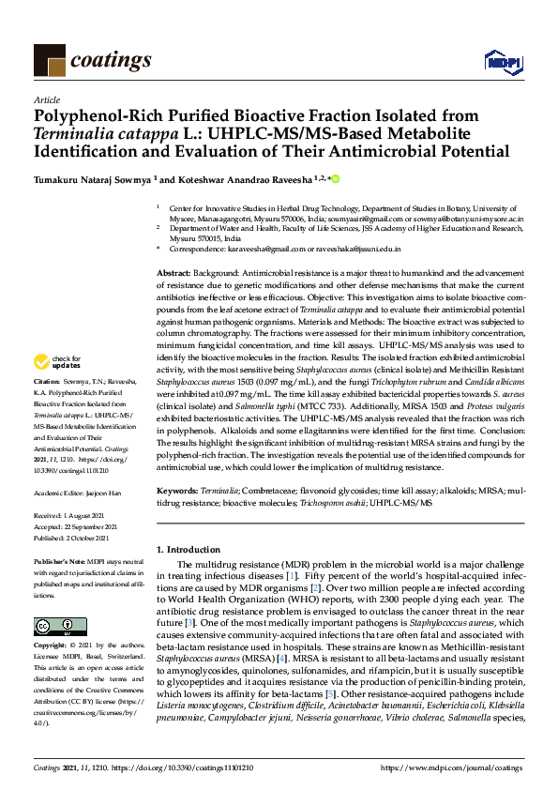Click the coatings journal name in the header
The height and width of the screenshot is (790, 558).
pyautogui.click(x=110, y=60)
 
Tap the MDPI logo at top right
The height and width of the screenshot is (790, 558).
pyautogui.click(x=502, y=61)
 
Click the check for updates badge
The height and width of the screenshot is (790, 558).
pyautogui.click(x=57, y=361)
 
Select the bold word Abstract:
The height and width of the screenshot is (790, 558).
pyautogui.click(x=174, y=270)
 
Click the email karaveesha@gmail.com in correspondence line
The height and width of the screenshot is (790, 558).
pyautogui.click(x=258, y=251)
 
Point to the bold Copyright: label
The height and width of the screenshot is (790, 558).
pyautogui.click(x=53, y=647)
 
